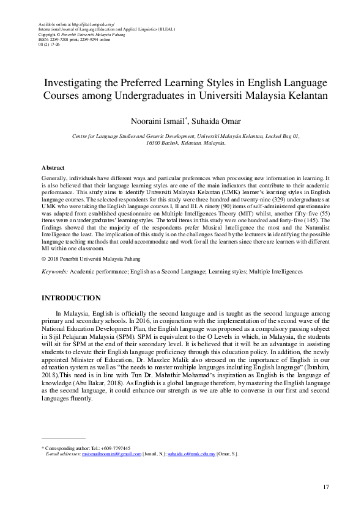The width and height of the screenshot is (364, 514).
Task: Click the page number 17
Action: click(x=326, y=487)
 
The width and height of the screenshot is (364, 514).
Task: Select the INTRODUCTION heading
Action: click(x=70, y=298)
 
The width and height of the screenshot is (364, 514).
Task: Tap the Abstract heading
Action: click(x=53, y=167)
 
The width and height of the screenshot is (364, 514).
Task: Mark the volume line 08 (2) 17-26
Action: click(x=50, y=45)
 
